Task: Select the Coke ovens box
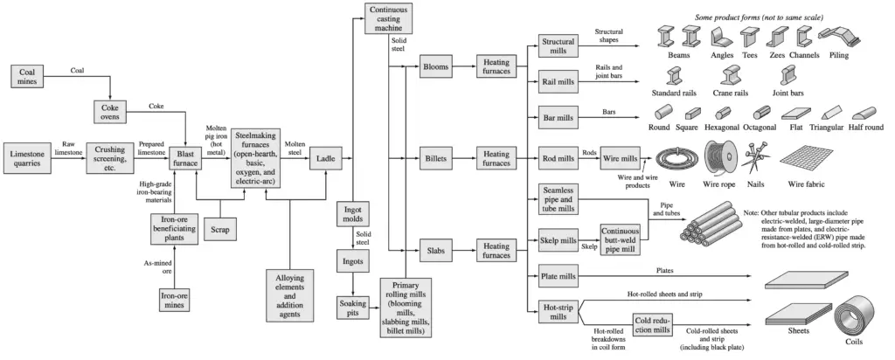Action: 111,112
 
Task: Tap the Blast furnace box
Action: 185,157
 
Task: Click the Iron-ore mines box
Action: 175,299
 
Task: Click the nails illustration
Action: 754,157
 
